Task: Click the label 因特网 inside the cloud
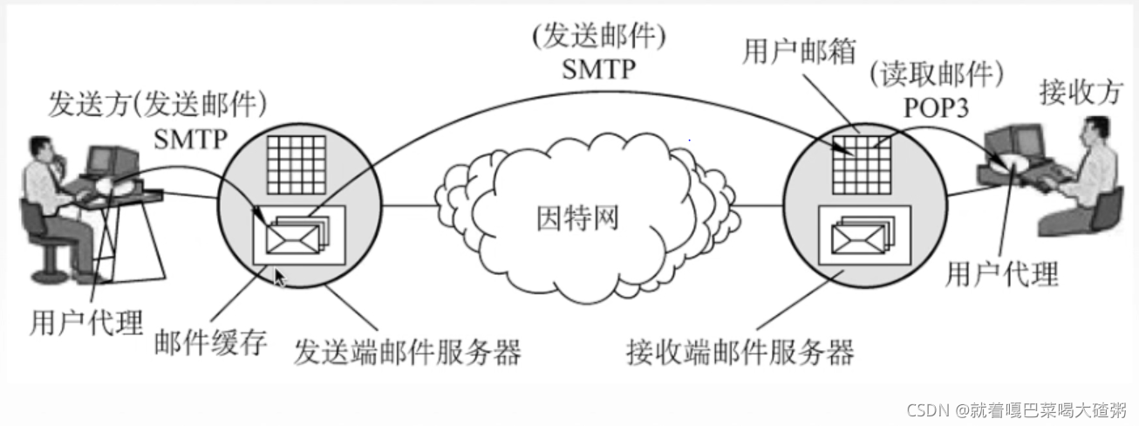pyautogui.click(x=576, y=217)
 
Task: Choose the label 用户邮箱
pyautogui.click(x=797, y=52)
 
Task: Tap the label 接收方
pyautogui.click(x=1079, y=91)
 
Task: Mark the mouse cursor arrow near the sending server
pyautogui.click(x=280, y=278)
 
